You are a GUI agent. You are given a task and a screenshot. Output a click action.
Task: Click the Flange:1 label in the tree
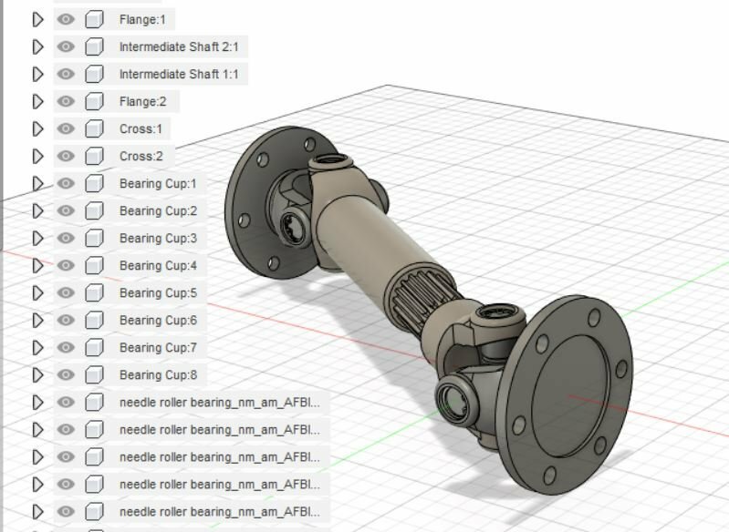click(141, 19)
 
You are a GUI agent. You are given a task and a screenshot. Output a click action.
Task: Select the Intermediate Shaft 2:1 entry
click(178, 46)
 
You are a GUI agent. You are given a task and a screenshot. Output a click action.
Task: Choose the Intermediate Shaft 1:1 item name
click(178, 74)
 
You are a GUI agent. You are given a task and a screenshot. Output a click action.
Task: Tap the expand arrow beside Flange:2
click(37, 101)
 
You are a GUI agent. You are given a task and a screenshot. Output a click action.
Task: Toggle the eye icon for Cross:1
click(66, 128)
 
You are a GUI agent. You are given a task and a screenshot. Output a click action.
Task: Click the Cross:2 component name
click(141, 156)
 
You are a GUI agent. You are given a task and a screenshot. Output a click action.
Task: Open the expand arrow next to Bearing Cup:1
click(37, 183)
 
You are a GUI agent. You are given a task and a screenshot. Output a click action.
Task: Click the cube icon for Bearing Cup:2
click(94, 210)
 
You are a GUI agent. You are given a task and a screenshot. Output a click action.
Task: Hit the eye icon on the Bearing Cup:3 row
click(66, 238)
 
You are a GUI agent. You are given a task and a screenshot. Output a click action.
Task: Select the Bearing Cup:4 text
click(158, 265)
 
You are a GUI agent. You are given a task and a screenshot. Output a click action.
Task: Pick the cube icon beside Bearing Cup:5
click(94, 292)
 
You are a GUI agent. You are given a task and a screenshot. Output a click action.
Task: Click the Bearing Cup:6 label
click(158, 320)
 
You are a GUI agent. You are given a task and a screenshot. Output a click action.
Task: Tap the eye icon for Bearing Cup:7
click(66, 347)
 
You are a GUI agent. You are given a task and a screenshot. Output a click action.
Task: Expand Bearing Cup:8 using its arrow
click(37, 374)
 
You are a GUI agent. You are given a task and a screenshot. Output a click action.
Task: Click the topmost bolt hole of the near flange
click(595, 317)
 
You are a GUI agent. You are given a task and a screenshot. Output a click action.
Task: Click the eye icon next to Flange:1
click(66, 19)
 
